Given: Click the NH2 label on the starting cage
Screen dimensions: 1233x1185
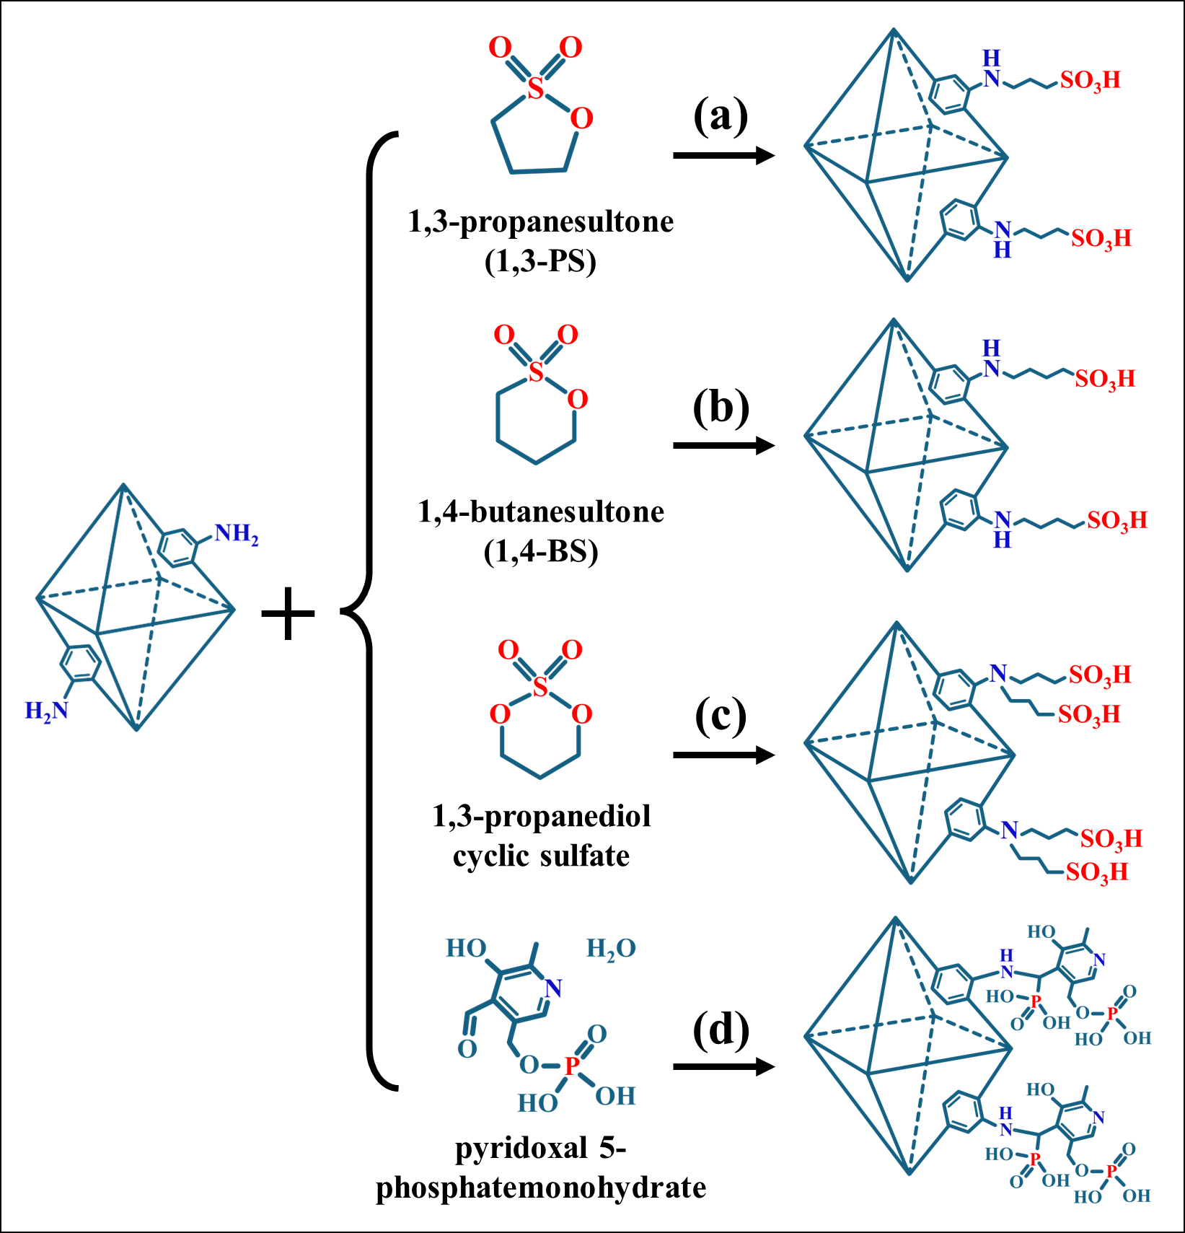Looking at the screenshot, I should tap(236, 535).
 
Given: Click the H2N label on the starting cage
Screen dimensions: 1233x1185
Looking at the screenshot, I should tap(46, 711).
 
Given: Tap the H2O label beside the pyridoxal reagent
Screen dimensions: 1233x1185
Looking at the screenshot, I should tap(610, 949).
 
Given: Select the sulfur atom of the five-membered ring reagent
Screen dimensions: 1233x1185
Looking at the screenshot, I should tap(534, 89).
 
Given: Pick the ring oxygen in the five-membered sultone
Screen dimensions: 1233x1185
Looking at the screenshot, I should tap(581, 119).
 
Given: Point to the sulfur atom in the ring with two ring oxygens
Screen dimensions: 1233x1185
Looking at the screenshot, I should tap(540, 688).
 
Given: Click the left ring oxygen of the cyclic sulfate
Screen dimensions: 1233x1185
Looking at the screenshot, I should tap(500, 715).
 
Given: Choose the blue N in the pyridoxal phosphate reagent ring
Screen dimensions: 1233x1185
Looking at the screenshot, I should tap(553, 988).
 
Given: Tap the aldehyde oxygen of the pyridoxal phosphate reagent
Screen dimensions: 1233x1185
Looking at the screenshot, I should tap(467, 1049).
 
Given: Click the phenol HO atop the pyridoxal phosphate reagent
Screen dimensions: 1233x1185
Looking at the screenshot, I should tap(466, 949).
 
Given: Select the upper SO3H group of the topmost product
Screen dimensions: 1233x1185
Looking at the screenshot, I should tap(1091, 80).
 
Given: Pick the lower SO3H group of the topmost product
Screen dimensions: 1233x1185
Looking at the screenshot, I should tap(1101, 239).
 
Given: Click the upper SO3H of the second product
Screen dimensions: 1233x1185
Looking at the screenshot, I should tap(1105, 379).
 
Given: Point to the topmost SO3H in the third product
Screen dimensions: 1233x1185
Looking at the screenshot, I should tap(1100, 675).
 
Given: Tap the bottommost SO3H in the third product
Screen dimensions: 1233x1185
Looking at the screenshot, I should tap(1097, 872).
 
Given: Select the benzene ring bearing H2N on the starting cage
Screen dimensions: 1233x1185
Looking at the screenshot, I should tap(79, 663).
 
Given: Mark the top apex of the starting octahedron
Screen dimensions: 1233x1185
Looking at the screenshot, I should tap(124, 485).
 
